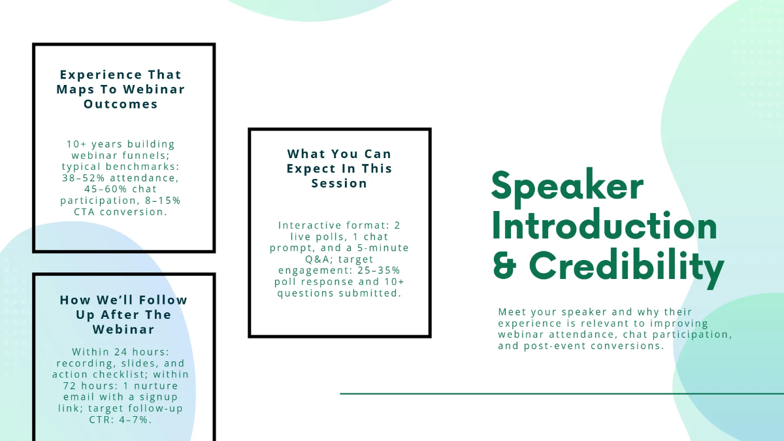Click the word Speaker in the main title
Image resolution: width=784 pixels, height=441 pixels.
point(567,187)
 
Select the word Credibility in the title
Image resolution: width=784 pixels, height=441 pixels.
point(627,267)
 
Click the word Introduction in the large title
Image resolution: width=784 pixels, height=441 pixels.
point(604,227)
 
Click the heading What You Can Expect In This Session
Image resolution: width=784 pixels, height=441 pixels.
point(340,169)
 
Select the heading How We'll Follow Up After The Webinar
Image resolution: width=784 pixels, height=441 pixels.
point(123,314)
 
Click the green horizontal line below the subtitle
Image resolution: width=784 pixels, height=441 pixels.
point(562,394)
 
